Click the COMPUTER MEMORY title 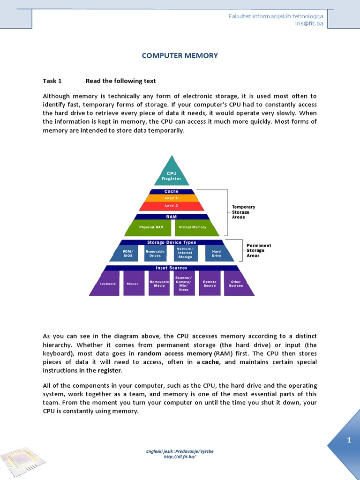coord(180,55)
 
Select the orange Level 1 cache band coord(172,198)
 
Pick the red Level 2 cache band coord(172,205)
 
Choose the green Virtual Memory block coord(193,227)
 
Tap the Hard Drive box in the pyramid coord(216,254)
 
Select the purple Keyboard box coord(107,283)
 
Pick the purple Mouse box coord(134,283)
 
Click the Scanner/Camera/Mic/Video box coord(184,283)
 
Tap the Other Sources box coord(235,283)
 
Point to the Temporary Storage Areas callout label coord(244,212)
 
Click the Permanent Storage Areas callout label coord(259,250)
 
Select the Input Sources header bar coord(172,268)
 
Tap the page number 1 coord(349,440)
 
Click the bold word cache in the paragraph coord(210,362)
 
